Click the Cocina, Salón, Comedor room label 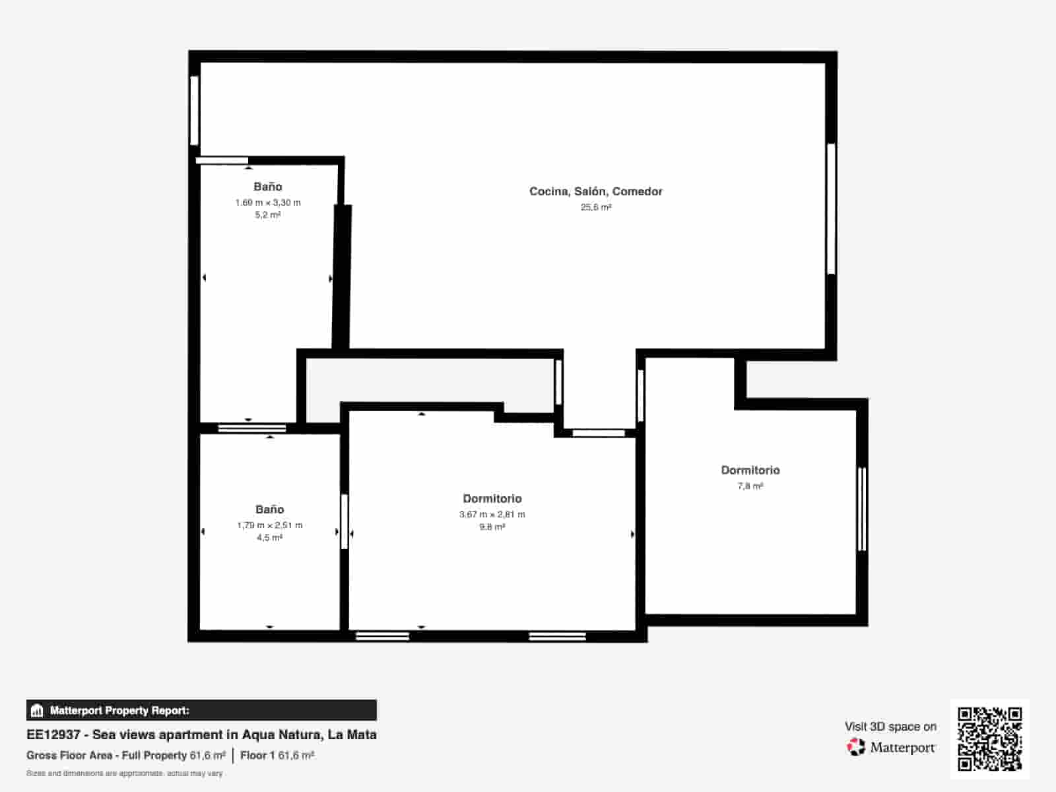coord(595,191)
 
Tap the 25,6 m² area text coord(595,207)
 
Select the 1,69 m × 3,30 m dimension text coord(268,203)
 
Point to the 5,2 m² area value coord(268,214)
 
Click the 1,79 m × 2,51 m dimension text coord(270,525)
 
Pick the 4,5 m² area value coord(269,537)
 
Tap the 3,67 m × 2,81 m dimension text coord(492,514)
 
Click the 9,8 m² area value coord(492,527)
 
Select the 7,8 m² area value coord(750,486)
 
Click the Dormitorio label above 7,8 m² coord(750,471)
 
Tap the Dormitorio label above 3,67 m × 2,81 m coord(492,499)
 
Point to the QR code coord(989,739)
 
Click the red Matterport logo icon coord(856,747)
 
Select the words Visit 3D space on coord(890,727)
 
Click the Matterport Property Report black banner coord(201,710)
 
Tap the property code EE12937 coord(53,735)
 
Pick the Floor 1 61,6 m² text coord(277,756)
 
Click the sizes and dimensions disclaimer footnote coord(125,774)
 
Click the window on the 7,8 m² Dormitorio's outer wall coord(862,510)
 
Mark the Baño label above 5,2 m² coord(268,187)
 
